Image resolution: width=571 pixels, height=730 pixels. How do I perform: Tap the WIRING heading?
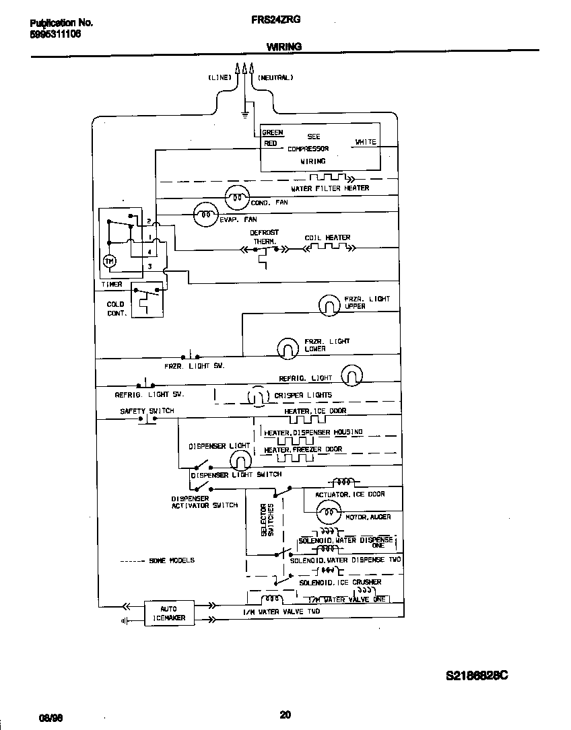[x=283, y=47]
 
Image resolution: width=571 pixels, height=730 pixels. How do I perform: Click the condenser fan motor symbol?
[x=236, y=196]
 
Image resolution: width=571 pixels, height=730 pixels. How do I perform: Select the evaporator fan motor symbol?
[x=204, y=215]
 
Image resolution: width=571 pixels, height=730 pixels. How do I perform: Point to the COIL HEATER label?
[x=327, y=238]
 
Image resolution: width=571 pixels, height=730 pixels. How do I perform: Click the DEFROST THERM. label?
[x=265, y=237]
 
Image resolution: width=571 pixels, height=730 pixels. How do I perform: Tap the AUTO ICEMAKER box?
[x=168, y=613]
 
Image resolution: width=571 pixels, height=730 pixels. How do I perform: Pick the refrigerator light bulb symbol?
[x=351, y=375]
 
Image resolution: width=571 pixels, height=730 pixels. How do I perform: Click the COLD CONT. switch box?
[x=147, y=301]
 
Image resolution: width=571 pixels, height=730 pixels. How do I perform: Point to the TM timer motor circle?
[x=110, y=260]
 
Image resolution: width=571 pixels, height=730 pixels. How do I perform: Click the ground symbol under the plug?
[x=244, y=112]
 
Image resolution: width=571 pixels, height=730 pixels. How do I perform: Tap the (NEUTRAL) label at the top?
[x=275, y=78]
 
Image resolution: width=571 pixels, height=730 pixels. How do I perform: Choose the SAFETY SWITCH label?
[x=147, y=410]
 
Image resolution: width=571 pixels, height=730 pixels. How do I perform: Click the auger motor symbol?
[x=328, y=513]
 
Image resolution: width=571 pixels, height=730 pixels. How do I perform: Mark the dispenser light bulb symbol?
[x=239, y=460]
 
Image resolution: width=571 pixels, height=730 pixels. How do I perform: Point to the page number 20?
[x=285, y=715]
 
